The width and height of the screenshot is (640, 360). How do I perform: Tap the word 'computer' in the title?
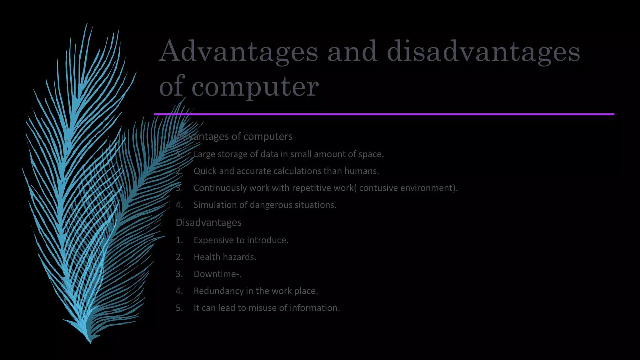255,87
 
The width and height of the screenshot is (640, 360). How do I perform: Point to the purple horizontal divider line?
384,114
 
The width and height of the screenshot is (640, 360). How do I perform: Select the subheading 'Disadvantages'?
208,222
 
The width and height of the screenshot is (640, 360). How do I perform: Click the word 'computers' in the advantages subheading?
268,137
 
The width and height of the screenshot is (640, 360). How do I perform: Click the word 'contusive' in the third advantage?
378,188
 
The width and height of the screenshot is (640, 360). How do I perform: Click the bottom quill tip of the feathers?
90,341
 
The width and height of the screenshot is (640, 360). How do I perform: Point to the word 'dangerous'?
272,205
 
